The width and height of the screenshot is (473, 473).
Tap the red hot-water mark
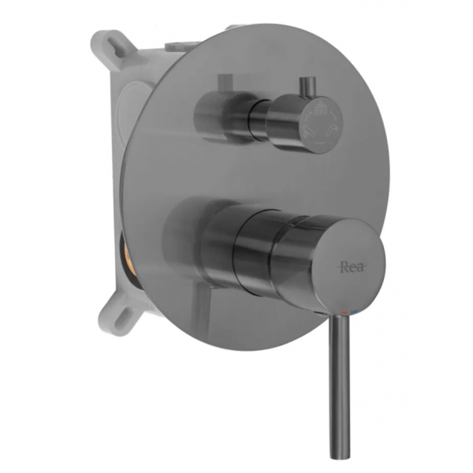(x=344, y=312)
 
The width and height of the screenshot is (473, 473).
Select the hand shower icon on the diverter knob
(x=310, y=131)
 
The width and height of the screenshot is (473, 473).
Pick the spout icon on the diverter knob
(x=333, y=128)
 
